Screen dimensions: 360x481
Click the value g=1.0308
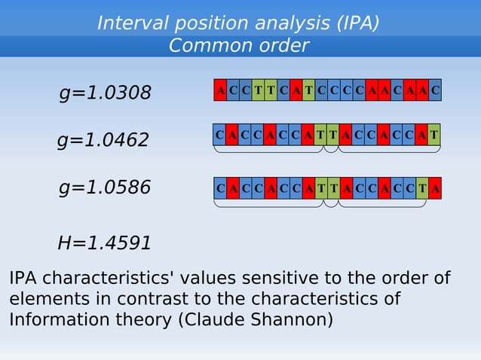(x=106, y=93)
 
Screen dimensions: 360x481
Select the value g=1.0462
(x=103, y=140)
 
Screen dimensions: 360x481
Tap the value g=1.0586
(x=106, y=188)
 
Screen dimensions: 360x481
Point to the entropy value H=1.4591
(x=105, y=243)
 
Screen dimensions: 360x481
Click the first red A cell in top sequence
(x=220, y=90)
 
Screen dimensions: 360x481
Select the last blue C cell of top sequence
(x=435, y=90)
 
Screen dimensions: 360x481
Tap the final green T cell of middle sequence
(x=434, y=135)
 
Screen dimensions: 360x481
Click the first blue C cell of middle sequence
(x=219, y=135)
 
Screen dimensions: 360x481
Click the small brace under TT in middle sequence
(x=331, y=150)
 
